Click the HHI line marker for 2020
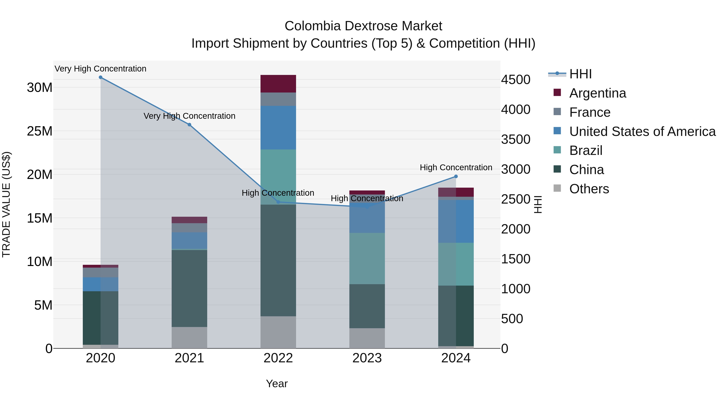[101, 77]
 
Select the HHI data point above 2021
[189, 125]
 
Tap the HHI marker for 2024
[456, 176]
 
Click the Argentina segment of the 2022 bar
[278, 84]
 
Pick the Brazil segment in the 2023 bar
[367, 258]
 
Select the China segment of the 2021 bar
[189, 288]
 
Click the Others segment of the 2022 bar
[278, 332]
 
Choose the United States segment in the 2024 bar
[456, 221]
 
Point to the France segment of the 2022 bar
[278, 99]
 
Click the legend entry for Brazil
[586, 150]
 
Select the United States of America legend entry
[642, 131]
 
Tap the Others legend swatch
[557, 188]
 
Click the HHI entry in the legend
[580, 74]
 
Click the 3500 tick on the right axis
[516, 139]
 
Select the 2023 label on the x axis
[367, 358]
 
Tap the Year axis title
[277, 384]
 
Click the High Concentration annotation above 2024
[456, 167]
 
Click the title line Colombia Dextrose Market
[363, 26]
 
